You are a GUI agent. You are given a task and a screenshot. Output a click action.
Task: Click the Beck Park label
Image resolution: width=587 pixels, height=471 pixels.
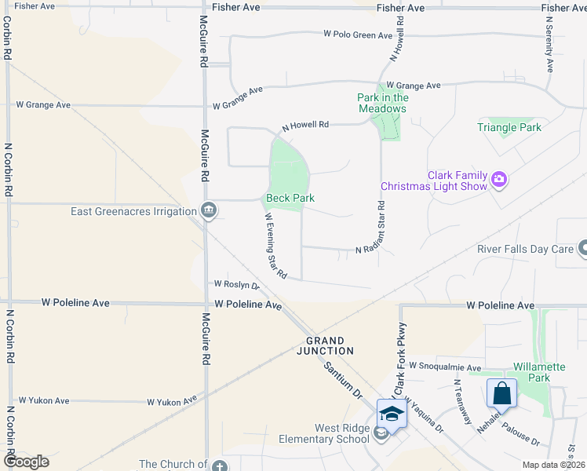point(290,199)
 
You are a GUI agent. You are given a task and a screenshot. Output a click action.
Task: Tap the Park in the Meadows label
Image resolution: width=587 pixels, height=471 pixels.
point(383,103)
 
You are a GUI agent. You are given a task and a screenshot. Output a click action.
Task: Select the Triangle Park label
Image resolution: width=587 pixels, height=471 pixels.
point(509,127)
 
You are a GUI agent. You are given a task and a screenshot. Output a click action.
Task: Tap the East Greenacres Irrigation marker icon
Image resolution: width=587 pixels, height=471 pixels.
point(209,210)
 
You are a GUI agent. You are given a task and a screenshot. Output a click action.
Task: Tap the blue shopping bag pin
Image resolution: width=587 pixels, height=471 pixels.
point(502,392)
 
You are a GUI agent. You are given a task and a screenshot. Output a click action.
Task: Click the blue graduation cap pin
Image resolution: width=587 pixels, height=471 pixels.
point(392,413)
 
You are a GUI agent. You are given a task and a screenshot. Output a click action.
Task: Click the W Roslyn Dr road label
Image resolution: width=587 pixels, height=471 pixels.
point(236,285)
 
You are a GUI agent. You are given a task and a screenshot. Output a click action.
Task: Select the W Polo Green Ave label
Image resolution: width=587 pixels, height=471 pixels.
point(358,35)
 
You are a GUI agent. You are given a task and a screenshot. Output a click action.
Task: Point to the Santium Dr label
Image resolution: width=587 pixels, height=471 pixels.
point(342,380)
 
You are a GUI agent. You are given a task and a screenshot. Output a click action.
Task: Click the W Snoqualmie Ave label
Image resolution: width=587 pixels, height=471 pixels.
point(444,367)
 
